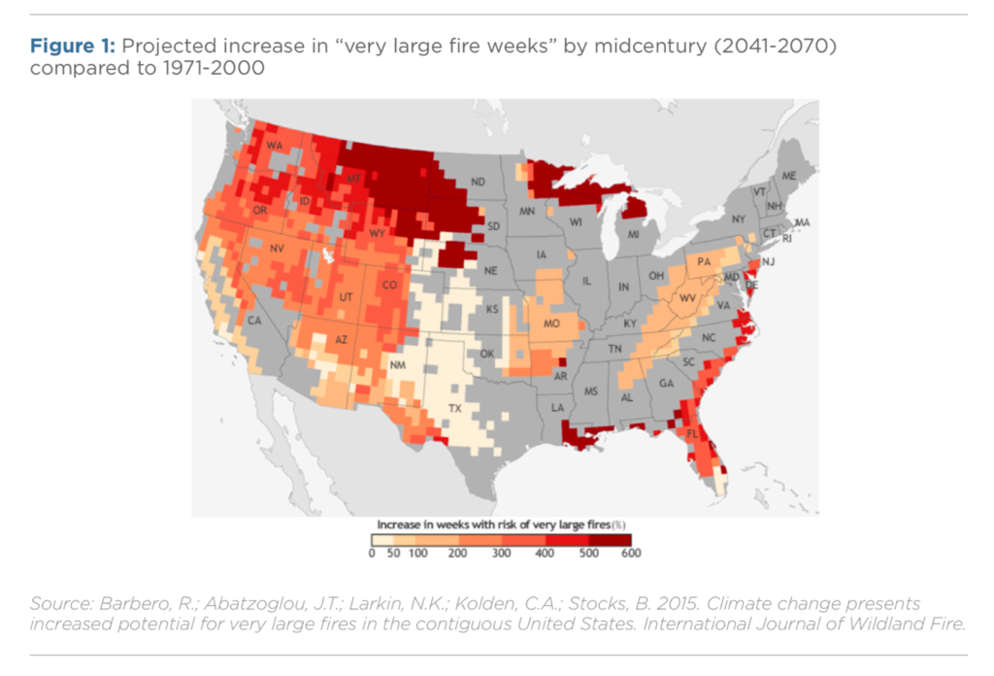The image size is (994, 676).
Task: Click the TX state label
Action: (454, 409)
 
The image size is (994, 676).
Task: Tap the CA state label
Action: (254, 320)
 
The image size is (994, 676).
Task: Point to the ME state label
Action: (788, 175)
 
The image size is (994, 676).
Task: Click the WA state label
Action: (275, 146)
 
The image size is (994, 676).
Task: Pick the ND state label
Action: (478, 182)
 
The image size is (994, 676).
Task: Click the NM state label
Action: (397, 365)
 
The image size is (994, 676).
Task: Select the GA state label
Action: (666, 383)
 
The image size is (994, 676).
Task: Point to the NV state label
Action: (277, 249)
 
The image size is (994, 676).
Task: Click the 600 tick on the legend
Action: (630, 554)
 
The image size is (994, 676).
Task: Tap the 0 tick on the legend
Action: (372, 554)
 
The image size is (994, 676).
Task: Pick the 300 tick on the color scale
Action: (501, 554)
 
